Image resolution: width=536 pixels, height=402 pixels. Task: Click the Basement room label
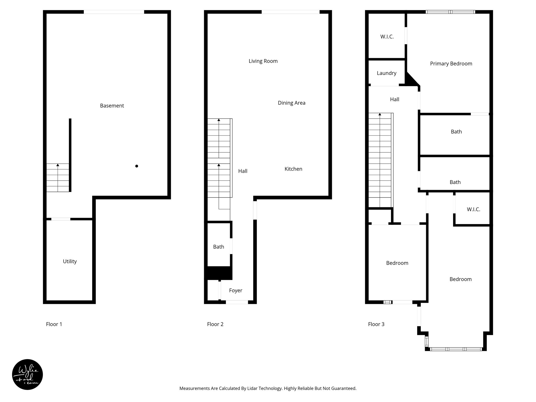[x=112, y=106]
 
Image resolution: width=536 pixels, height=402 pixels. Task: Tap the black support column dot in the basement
[x=137, y=166]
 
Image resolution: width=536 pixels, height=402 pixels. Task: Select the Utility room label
[x=70, y=261]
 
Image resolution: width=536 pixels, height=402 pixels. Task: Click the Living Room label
[x=263, y=61]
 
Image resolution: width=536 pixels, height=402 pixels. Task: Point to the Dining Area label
[x=292, y=103]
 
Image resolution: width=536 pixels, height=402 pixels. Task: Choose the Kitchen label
[x=293, y=169]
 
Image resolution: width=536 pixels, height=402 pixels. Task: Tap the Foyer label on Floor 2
[x=236, y=291]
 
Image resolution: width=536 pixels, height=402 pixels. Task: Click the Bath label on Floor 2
[x=219, y=247]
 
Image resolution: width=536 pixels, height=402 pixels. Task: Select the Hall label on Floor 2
[x=243, y=171]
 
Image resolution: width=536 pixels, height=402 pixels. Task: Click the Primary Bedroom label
[x=451, y=64]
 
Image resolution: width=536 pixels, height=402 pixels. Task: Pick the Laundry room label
[x=387, y=73]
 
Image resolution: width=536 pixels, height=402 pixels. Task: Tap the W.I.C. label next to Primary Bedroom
[x=387, y=37]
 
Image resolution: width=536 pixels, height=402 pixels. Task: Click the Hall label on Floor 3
[x=394, y=99]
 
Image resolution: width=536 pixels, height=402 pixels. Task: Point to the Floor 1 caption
[x=54, y=324]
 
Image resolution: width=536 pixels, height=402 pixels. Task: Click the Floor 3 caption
[x=376, y=324]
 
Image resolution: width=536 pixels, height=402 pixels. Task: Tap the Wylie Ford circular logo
[x=27, y=375]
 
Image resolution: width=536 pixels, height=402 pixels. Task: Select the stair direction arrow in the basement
[x=58, y=165]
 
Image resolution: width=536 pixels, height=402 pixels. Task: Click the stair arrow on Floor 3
[x=380, y=114]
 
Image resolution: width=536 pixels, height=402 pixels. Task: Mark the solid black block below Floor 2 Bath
[x=218, y=273]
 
